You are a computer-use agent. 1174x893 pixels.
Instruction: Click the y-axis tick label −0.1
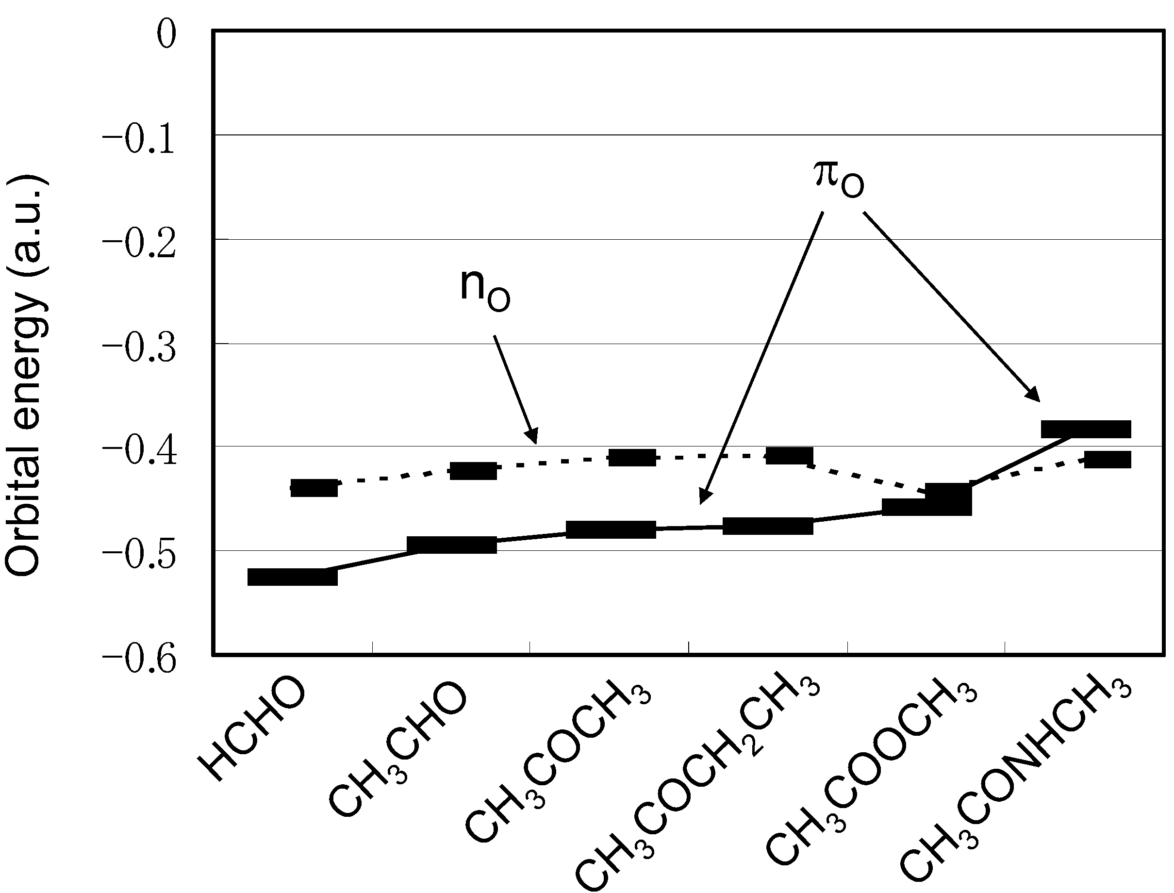pyautogui.click(x=139, y=141)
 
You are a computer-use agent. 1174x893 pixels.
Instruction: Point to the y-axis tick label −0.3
pyautogui.click(x=139, y=350)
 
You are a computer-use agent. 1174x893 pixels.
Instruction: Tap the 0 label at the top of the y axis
pyautogui.click(x=166, y=36)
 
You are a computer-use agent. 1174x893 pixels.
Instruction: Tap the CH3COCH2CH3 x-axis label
pyautogui.click(x=696, y=787)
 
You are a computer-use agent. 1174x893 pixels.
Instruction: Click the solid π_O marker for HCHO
pyautogui.click(x=292, y=577)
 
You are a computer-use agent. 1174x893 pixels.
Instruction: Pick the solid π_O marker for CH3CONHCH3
pyautogui.click(x=1086, y=430)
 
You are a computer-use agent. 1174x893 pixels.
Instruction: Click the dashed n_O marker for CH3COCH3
pyautogui.click(x=632, y=457)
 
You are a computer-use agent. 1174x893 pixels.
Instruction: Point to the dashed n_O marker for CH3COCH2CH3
pyautogui.click(x=789, y=456)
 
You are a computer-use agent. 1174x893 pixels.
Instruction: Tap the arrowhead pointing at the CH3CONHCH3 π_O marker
pyautogui.click(x=1034, y=396)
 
